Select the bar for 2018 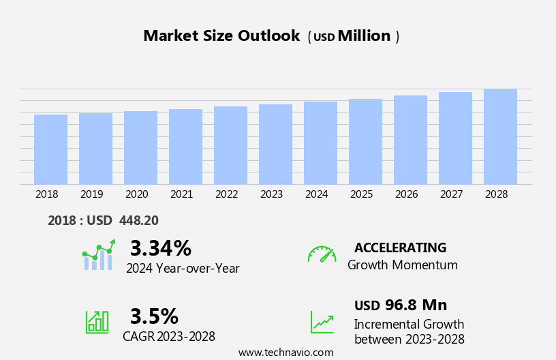coord(50,149)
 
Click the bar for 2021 coord(185,147)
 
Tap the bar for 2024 coord(320,143)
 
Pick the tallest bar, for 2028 coord(500,136)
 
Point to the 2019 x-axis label coord(91,194)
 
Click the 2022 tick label coord(226,194)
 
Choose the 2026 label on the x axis coord(406,194)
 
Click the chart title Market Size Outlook coord(221,36)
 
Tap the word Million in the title coord(364,36)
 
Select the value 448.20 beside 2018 coord(138,221)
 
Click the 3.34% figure coord(161,248)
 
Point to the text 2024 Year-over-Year coord(183,269)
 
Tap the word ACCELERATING coord(400,247)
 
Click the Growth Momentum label coord(402,265)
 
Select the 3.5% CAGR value coord(154,316)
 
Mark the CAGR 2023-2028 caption coord(169,337)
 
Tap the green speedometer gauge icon coord(322,254)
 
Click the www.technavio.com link coord(285,352)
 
